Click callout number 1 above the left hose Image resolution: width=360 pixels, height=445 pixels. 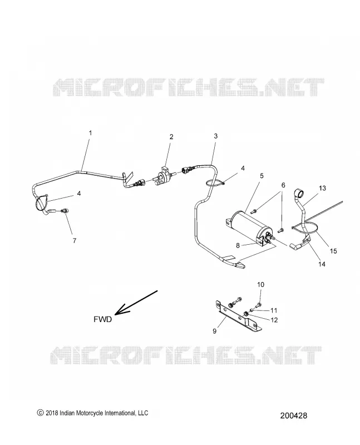click(91, 133)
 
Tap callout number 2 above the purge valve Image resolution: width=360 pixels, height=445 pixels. click(171, 137)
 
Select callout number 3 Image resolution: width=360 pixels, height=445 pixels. click(216, 136)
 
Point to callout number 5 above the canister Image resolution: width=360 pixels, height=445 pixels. click(262, 176)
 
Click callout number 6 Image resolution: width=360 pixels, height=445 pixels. click(283, 185)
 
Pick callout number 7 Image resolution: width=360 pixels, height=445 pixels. click(75, 241)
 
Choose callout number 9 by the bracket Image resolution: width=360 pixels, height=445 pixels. click(215, 331)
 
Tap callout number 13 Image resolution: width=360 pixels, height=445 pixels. click(322, 188)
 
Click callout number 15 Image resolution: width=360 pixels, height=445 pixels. click(333, 251)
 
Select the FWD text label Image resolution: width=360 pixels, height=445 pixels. click(103, 319)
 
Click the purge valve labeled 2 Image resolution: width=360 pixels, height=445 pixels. click(162, 176)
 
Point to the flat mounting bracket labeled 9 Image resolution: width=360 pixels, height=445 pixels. click(238, 316)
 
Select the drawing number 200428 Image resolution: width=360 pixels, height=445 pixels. click(294, 416)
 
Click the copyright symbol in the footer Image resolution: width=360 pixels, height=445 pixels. click(40, 413)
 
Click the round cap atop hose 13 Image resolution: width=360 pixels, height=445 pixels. click(300, 194)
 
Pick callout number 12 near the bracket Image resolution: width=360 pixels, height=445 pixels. click(274, 320)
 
